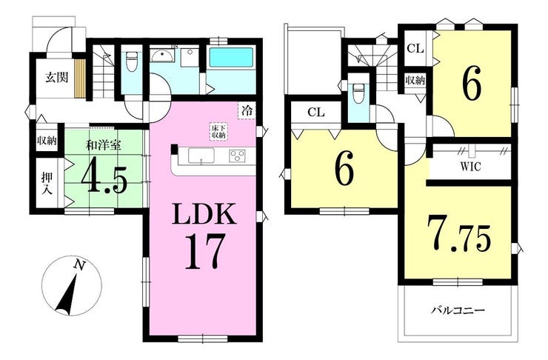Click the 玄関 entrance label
coord(51,76)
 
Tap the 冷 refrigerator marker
coord(245,110)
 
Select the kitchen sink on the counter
coord(200,156)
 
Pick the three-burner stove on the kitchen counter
coord(238,156)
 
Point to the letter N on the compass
coord(78,264)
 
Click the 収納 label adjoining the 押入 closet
coord(46,141)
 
